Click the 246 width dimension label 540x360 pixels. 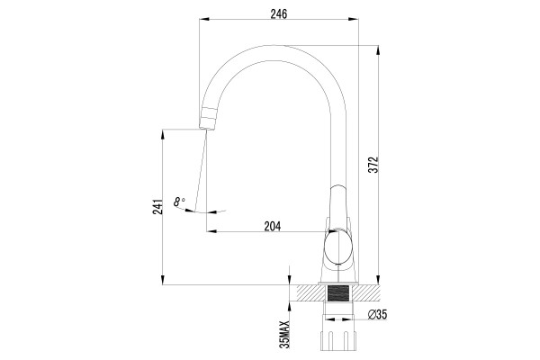pos(279,14)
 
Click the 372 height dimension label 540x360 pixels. pos(373,165)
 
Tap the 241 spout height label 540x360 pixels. pos(157,207)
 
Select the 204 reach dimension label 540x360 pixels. pos(273,226)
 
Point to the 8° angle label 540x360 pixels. pos(179,202)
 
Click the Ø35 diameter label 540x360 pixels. pos(377,314)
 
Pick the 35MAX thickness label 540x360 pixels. pos(284,334)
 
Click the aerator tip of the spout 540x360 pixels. pos(209,119)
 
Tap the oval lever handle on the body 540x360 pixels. pos(338,247)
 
